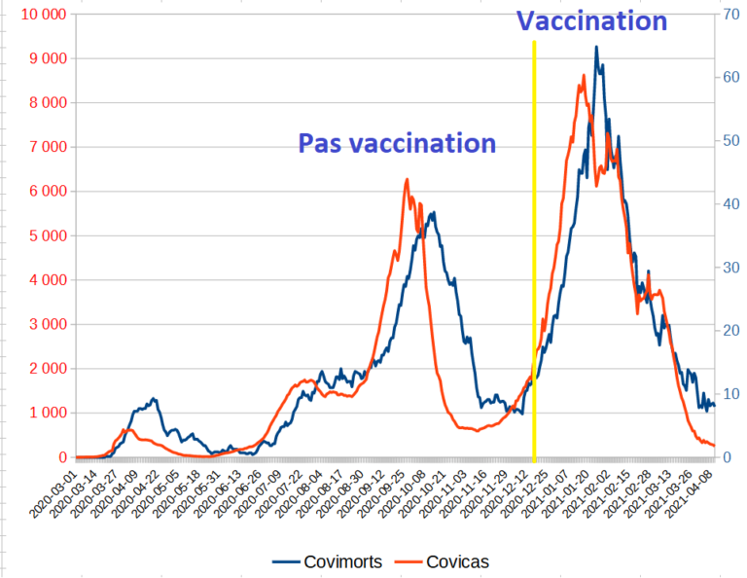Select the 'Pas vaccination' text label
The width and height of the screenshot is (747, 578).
click(x=397, y=144)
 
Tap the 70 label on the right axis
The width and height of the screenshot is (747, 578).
click(x=728, y=15)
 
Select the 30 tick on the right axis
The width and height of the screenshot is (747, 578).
click(x=728, y=268)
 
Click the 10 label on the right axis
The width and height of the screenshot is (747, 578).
click(x=728, y=394)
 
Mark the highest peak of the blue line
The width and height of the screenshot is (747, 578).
click(x=596, y=47)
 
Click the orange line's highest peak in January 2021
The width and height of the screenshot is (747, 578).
click(x=583, y=75)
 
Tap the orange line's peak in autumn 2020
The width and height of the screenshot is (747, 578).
click(x=407, y=180)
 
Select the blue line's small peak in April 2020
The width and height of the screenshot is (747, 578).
click(x=153, y=399)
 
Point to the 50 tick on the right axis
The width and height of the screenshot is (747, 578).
click(x=728, y=141)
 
